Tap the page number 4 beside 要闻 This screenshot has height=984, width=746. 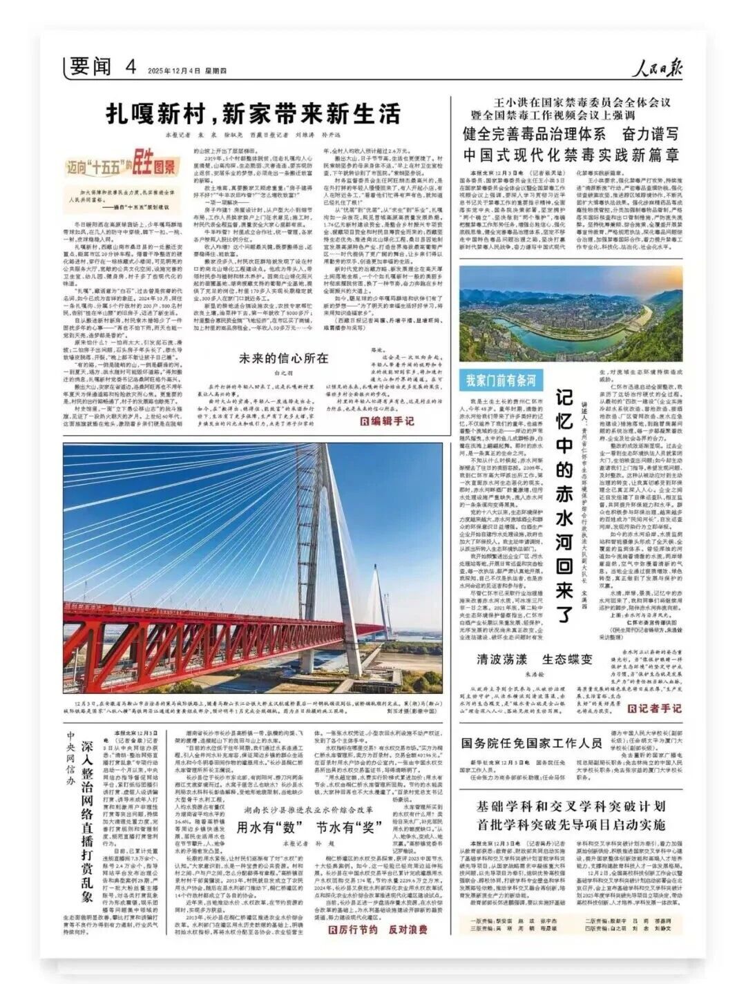point(130,66)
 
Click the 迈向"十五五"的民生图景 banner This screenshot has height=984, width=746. point(121,165)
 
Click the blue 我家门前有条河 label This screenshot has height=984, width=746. point(501,379)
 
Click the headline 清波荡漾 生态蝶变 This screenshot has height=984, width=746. point(528,658)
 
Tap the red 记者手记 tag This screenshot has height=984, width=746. point(653,708)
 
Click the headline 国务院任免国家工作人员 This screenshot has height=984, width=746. point(531,743)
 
